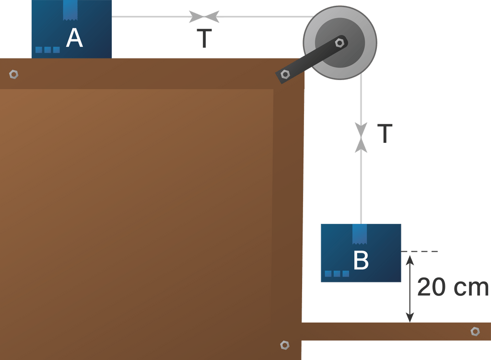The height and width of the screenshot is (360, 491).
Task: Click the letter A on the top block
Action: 74,38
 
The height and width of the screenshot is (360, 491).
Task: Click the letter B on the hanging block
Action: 361,260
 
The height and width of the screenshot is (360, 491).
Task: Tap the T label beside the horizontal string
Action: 204,38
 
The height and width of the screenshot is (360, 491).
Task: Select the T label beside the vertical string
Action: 385,133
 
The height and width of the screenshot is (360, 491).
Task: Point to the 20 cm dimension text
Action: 452,288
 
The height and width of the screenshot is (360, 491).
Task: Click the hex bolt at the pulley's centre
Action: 340,43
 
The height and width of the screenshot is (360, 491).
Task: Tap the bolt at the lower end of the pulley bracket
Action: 285,74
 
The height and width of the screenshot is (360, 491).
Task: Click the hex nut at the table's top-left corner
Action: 14,74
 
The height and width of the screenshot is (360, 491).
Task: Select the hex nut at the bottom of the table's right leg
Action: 284,345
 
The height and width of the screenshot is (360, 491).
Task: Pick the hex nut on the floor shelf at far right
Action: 475,331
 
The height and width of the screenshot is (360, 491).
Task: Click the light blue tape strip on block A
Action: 70,10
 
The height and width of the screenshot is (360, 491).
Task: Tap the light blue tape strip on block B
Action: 360,233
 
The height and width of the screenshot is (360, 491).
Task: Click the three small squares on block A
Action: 47,50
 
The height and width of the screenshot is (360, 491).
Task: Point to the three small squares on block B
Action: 337,274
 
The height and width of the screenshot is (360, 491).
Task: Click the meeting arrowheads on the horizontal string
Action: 204,17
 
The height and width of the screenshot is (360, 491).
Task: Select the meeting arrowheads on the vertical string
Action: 361,138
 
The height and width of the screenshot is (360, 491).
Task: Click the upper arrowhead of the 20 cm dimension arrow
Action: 409,260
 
